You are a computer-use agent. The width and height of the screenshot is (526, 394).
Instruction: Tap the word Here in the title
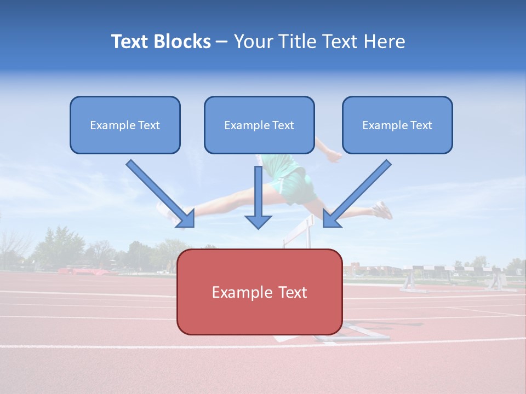click(383, 42)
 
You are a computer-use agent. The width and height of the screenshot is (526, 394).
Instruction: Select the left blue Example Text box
click(125, 125)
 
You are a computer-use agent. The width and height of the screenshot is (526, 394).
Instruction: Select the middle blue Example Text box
click(259, 125)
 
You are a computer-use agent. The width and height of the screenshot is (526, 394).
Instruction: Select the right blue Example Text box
click(397, 125)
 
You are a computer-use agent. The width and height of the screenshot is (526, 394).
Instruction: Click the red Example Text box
click(259, 292)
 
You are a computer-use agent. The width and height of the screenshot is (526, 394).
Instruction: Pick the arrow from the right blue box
click(357, 194)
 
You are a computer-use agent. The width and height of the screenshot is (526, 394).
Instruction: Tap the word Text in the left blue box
click(149, 125)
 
